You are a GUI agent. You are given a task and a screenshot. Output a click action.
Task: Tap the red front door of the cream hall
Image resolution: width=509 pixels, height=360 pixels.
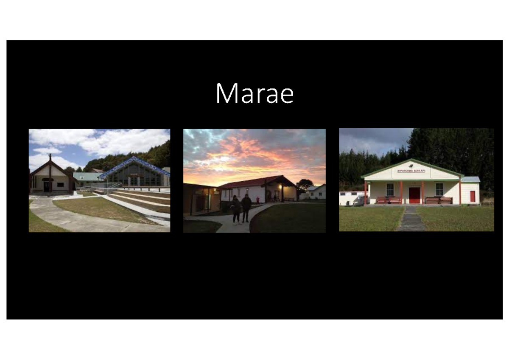tap(414, 195)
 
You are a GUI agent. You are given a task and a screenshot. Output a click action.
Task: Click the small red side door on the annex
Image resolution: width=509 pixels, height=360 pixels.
tap(473, 196)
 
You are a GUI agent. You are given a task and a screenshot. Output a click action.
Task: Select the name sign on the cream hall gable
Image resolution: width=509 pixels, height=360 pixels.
tap(411, 171)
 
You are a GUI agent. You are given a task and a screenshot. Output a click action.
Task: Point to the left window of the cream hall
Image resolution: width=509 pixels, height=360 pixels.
tap(390, 189)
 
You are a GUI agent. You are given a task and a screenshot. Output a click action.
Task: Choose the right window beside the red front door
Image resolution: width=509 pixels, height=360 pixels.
tap(439, 189)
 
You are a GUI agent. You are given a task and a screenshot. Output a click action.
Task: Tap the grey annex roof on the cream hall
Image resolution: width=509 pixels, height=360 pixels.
tap(470, 179)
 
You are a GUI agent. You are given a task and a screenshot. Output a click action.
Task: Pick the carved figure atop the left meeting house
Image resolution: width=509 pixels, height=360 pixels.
tap(50, 158)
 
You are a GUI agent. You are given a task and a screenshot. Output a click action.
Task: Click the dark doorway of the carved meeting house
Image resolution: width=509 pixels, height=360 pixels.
tap(46, 186)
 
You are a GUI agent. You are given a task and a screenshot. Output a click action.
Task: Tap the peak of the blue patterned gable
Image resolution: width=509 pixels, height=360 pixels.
tap(134, 158)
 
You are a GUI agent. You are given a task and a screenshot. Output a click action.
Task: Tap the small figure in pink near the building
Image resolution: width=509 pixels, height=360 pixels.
tap(258, 199)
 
